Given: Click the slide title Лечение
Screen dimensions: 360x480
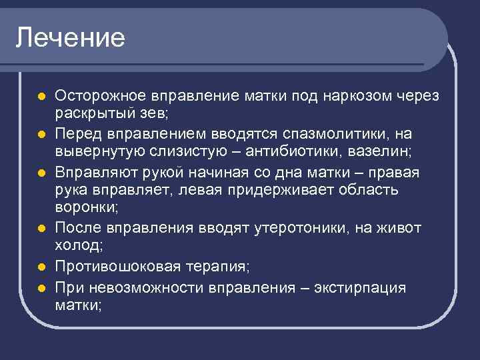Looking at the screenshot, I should [x=71, y=37].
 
